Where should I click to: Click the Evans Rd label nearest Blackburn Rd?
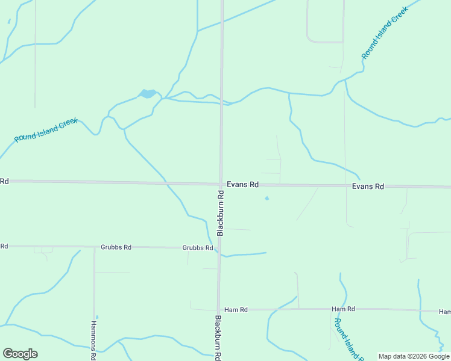(242, 185)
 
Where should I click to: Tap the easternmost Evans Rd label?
(368, 187)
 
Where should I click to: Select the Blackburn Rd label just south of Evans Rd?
(221, 213)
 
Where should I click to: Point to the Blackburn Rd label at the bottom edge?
(218, 338)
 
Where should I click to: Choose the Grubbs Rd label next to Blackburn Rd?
(198, 247)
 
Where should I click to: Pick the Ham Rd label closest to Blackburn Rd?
(236, 310)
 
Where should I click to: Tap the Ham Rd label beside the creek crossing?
(343, 309)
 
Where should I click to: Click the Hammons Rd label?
(93, 339)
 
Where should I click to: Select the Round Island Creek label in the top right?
(385, 32)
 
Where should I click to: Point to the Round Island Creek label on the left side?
(46, 130)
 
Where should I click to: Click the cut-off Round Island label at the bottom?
(348, 339)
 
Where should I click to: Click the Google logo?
(20, 354)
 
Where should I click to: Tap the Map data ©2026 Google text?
(414, 356)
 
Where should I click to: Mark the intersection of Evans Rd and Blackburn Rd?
(221, 184)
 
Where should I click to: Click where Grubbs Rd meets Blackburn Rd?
(219, 247)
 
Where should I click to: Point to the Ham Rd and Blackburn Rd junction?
(218, 309)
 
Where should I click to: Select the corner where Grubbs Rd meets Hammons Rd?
(94, 247)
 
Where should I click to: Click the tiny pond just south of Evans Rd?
(266, 199)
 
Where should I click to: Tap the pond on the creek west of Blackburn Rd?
(147, 94)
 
